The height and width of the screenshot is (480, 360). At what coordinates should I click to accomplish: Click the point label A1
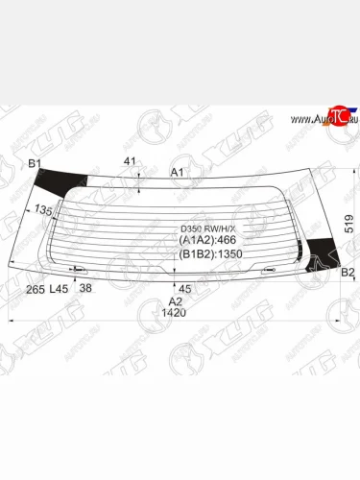tap(177, 173)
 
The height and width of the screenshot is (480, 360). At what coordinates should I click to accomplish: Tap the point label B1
tap(35, 164)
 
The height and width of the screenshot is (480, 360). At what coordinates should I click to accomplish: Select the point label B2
tap(348, 273)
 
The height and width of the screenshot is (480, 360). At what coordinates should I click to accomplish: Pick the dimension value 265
tap(35, 288)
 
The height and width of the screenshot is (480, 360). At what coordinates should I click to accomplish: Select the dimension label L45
tap(59, 288)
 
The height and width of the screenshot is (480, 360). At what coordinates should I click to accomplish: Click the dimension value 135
tap(44, 211)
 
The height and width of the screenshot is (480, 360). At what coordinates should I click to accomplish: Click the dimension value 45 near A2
tap(185, 288)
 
